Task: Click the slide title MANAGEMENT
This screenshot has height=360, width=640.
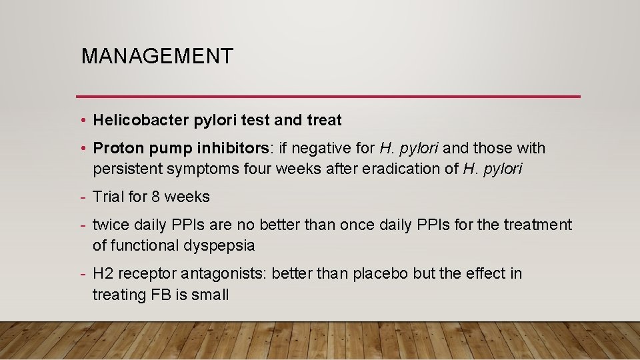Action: [157, 56]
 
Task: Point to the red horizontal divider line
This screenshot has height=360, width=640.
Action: [328, 97]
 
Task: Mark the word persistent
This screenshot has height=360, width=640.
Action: [126, 169]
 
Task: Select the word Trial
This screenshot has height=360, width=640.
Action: [108, 197]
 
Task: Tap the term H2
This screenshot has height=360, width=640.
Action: [103, 274]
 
